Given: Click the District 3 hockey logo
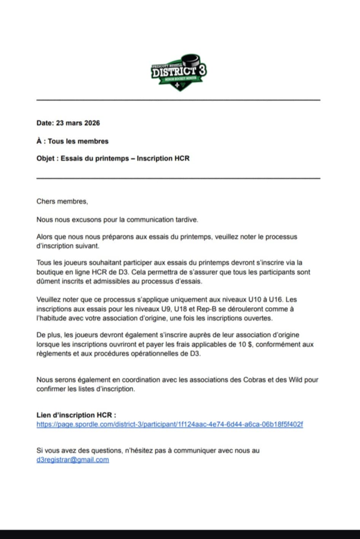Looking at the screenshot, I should [x=179, y=72].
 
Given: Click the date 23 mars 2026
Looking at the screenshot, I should [x=78, y=123].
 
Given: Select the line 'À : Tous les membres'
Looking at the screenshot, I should [x=72, y=141].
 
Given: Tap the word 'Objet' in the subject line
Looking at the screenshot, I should [x=46, y=158].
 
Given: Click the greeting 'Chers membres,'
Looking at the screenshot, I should [x=62, y=201].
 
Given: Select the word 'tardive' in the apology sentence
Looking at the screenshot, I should [x=186, y=219].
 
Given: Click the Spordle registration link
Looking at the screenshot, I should [x=170, y=424].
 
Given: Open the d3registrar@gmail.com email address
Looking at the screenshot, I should [x=73, y=460].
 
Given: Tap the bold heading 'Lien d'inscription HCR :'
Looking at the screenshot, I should [x=76, y=415].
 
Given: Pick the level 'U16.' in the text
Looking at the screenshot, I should [x=276, y=299].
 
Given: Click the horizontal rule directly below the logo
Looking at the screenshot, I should [x=178, y=100].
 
